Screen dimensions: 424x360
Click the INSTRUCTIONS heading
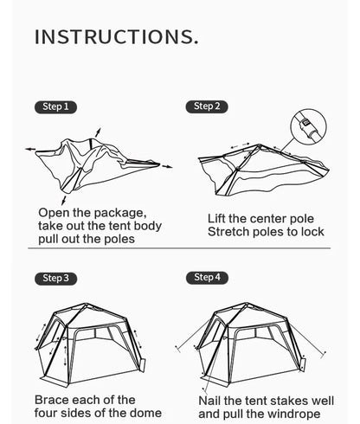pyautogui.click(x=116, y=37)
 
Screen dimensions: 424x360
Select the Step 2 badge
pyautogui.click(x=205, y=106)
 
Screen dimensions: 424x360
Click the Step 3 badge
pyautogui.click(x=55, y=279)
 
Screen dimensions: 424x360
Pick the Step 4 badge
pyautogui.click(x=205, y=277)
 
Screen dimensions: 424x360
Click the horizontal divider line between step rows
pyautogui.click(x=180, y=248)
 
